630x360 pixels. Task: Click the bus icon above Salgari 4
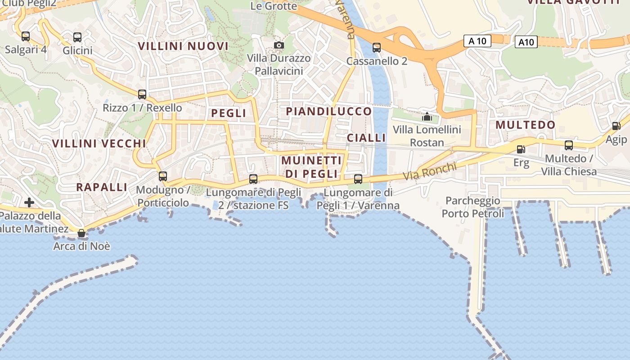[x=26, y=36]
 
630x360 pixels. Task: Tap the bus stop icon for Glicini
[x=77, y=37]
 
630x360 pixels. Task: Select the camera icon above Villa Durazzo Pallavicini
[x=279, y=45]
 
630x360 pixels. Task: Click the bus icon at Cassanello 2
[x=377, y=47]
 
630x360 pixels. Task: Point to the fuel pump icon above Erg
[x=521, y=149]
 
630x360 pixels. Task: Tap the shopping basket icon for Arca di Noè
[x=81, y=233]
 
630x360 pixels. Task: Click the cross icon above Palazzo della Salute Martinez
[x=29, y=202]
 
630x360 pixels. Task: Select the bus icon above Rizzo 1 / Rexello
[x=142, y=94]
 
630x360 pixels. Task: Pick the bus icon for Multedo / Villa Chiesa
[x=569, y=145]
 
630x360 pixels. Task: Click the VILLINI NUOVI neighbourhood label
[x=183, y=46]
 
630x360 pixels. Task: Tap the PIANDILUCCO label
[x=329, y=111]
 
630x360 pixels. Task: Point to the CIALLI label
[x=366, y=138]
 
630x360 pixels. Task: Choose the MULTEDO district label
[x=526, y=125]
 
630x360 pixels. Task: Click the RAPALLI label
[x=102, y=187]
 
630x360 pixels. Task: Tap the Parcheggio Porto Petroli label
[x=473, y=207]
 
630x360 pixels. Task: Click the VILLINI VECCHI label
[x=99, y=144]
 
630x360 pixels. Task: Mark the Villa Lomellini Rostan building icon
[x=427, y=117]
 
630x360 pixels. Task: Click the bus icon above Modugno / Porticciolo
[x=163, y=176]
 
